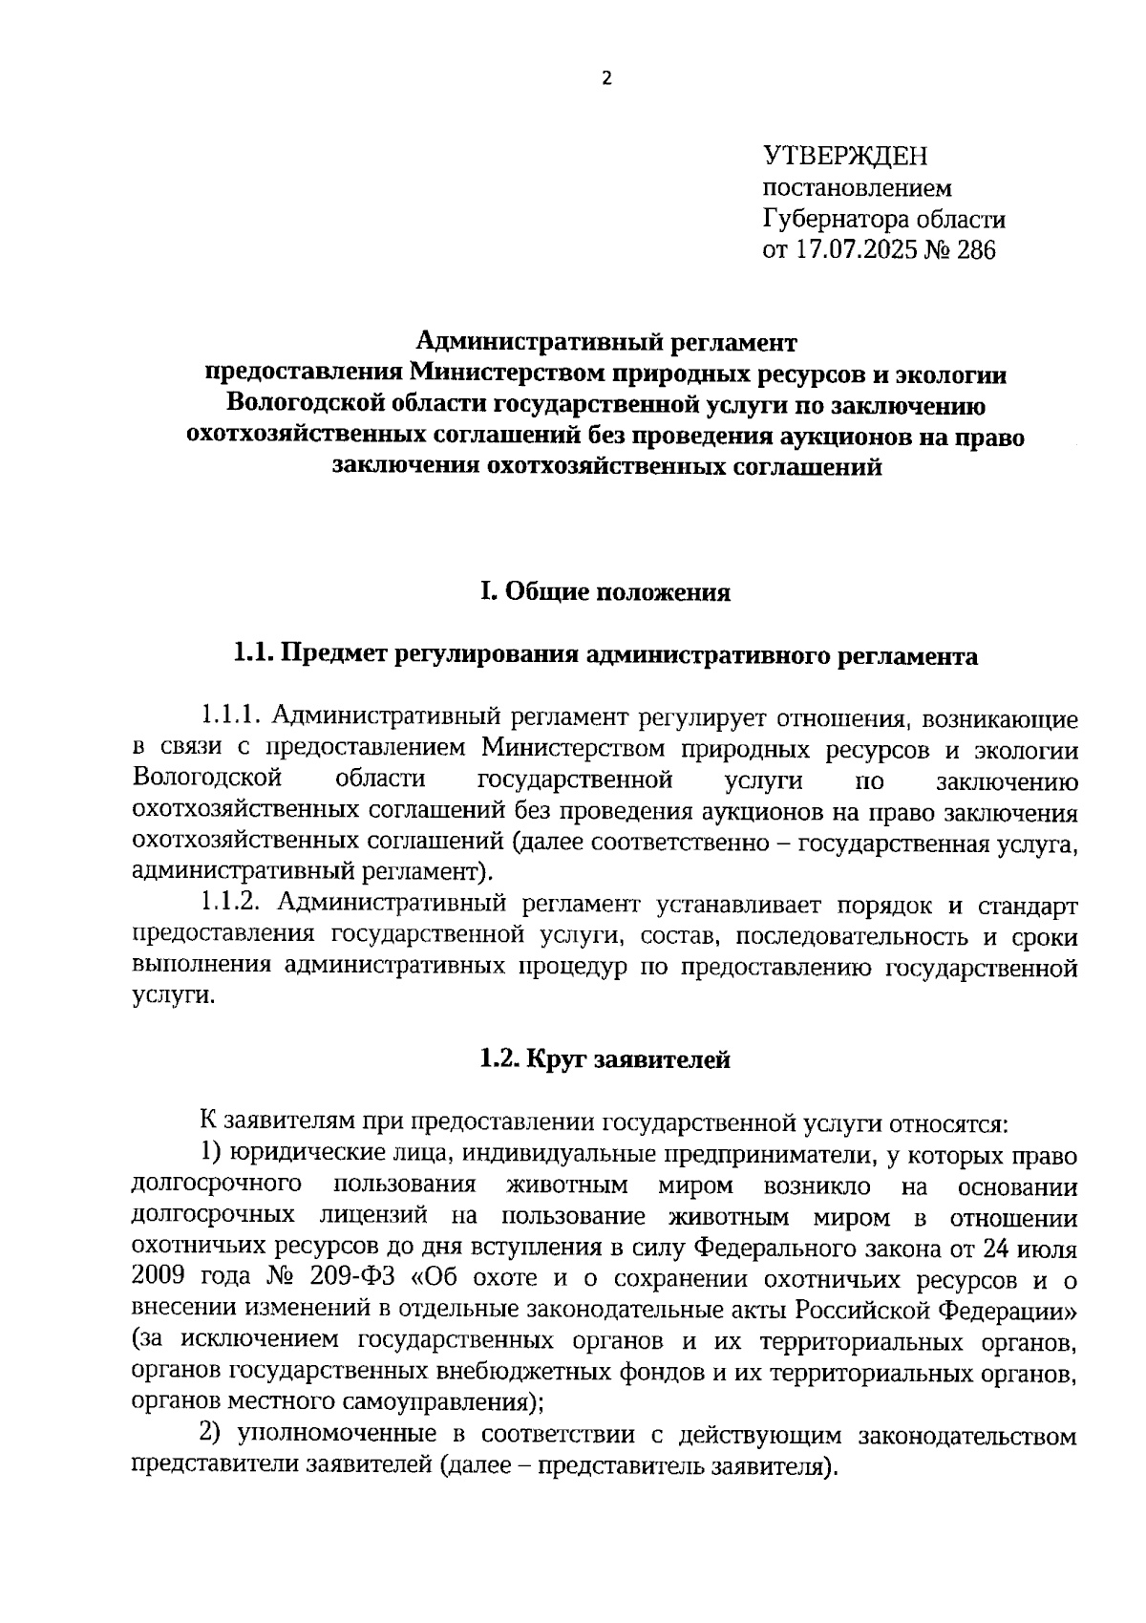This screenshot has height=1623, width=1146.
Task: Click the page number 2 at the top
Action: (x=605, y=80)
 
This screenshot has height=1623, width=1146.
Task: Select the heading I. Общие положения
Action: (x=605, y=593)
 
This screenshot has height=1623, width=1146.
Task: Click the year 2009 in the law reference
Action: (x=163, y=1278)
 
